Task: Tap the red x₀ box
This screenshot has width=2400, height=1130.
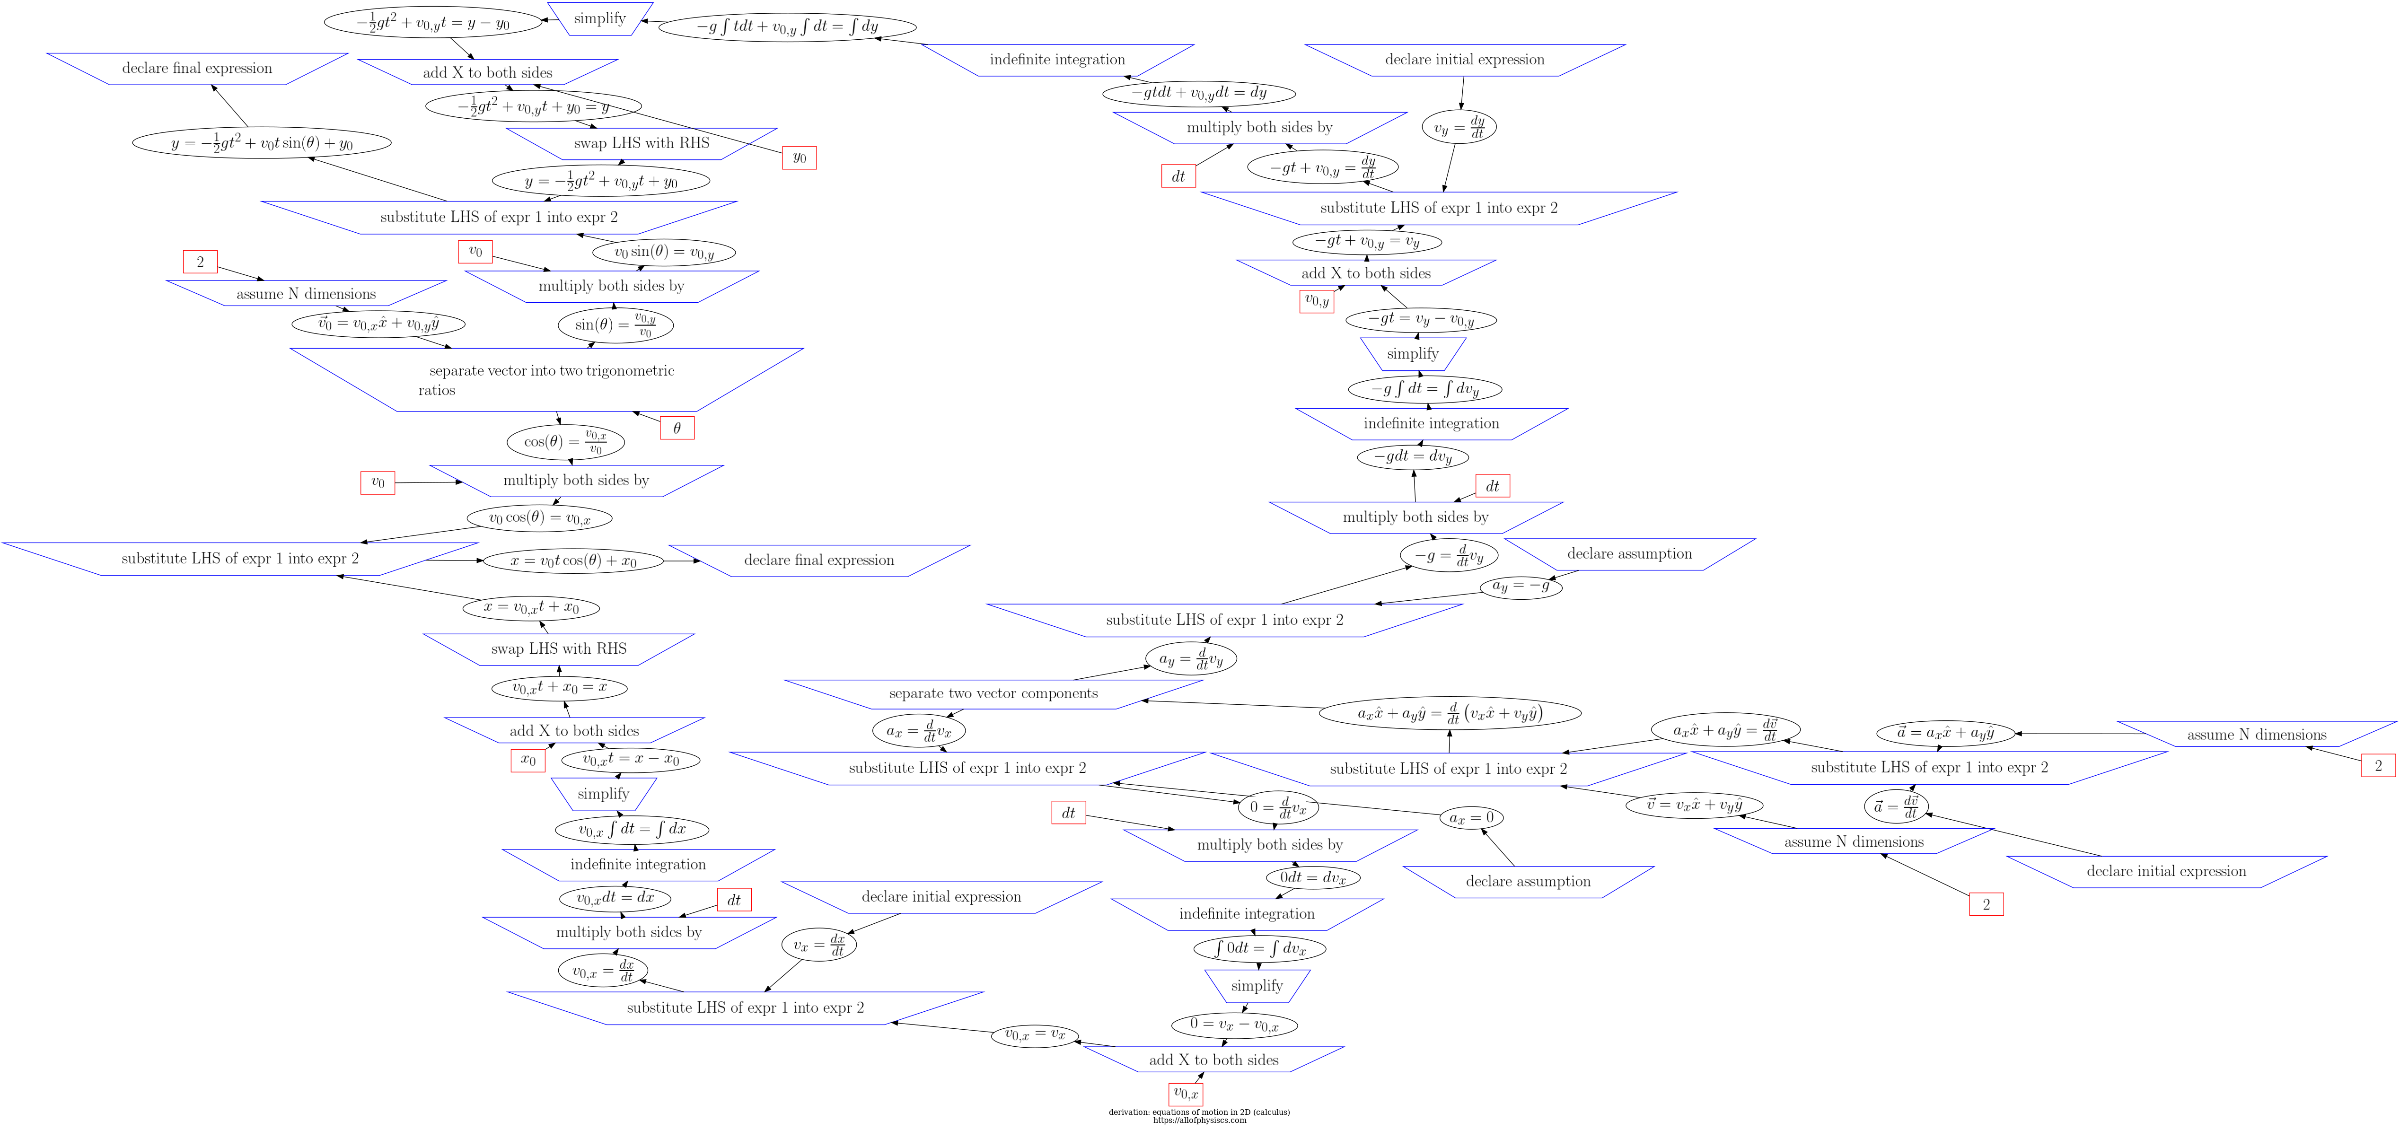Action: [527, 759]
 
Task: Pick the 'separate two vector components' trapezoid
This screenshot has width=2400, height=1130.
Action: [993, 693]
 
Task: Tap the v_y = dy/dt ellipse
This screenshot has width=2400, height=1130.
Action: [1459, 127]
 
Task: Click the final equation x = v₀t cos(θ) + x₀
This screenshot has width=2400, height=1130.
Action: [573, 561]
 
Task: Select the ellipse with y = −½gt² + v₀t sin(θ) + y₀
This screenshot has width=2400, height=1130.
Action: [262, 143]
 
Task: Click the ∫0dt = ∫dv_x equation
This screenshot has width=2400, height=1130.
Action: [1260, 948]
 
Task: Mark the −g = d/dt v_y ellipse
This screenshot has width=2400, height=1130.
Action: [1449, 555]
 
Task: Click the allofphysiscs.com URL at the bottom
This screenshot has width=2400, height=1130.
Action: [1199, 1121]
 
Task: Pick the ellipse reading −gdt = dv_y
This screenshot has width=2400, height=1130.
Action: [1413, 456]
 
